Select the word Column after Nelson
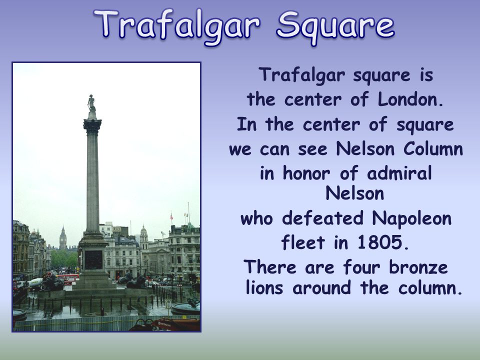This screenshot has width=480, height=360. [433, 149]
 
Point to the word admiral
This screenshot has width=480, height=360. [399, 173]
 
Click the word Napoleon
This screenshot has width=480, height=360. [411, 219]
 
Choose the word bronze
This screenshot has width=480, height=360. [418, 267]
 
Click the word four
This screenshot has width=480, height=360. [361, 267]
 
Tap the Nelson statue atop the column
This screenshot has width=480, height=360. [91, 103]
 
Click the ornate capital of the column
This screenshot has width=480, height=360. [92, 126]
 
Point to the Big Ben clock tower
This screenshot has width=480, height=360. [63, 237]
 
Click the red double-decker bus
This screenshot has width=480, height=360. [67, 277]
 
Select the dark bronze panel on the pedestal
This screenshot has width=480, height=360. [93, 260]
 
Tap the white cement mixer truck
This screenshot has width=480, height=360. [35, 283]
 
